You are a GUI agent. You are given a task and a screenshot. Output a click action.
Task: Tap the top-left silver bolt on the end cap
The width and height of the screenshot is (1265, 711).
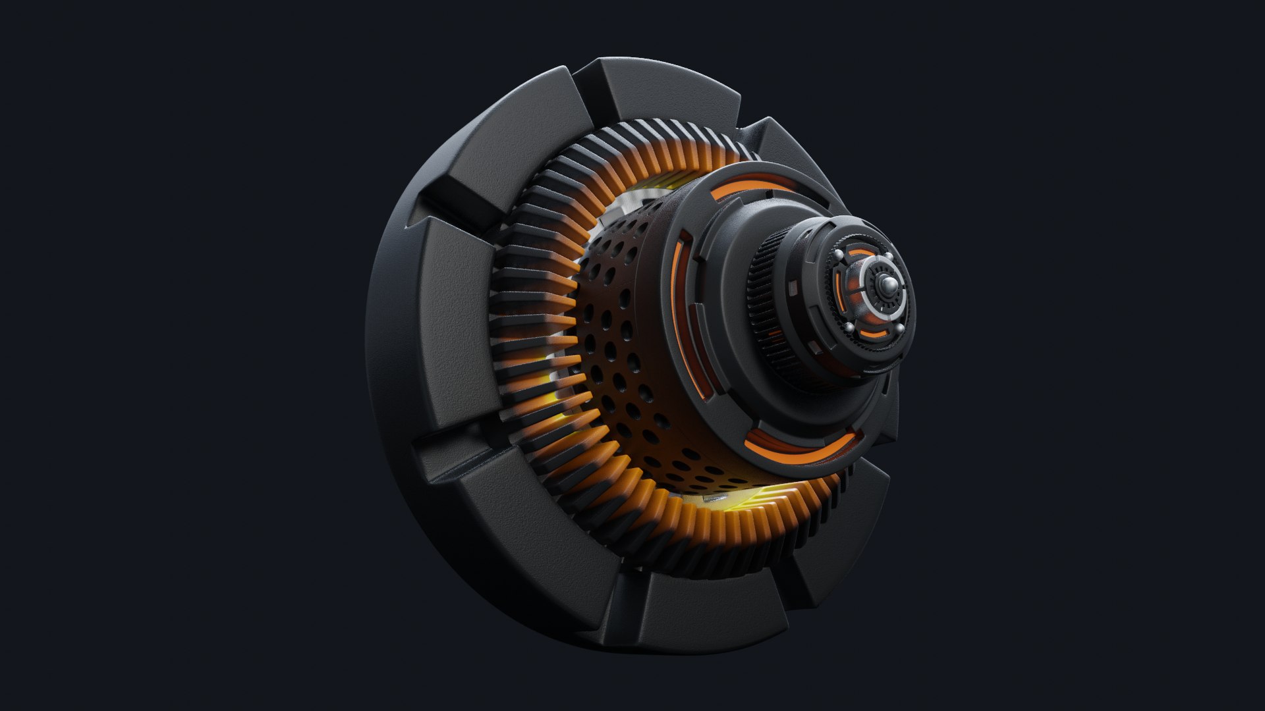[x=838, y=255]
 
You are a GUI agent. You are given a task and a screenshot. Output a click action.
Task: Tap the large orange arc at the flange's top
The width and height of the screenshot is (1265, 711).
[x=751, y=191]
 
